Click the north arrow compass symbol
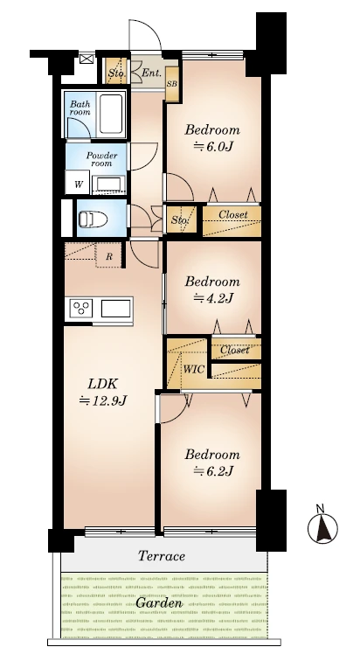pos(322,525)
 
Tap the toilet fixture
pos(93,219)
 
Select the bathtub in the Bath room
pos(111,114)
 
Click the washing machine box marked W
pos(78,183)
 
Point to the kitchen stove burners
pos(81,309)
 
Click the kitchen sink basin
pos(115,309)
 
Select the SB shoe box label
pos(171,84)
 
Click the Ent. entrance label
pos(152,73)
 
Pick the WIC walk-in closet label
pos(194,369)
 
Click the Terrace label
pos(162,556)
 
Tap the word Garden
pos(159,603)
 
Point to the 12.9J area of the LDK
pos(103,400)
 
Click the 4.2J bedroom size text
pos(212,298)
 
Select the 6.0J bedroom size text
pos(212,146)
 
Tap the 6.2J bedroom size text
pos(212,471)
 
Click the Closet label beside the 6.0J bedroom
pos(233,214)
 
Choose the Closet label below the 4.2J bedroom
pos(235,350)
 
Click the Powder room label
pos(101,159)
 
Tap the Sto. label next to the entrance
pos(116,73)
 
